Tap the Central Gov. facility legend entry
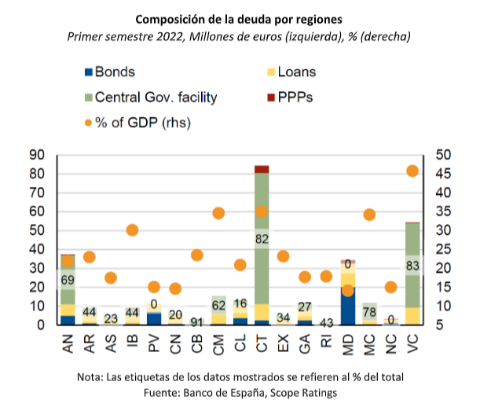coord(148,97)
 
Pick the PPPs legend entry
coord(290,97)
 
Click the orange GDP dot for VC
coord(412,171)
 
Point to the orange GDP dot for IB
coord(133,230)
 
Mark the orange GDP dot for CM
coord(219,213)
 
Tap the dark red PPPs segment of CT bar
coord(262,169)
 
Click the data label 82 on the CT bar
coord(262,237)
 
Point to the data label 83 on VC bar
coord(412,266)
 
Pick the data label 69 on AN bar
coord(68,280)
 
